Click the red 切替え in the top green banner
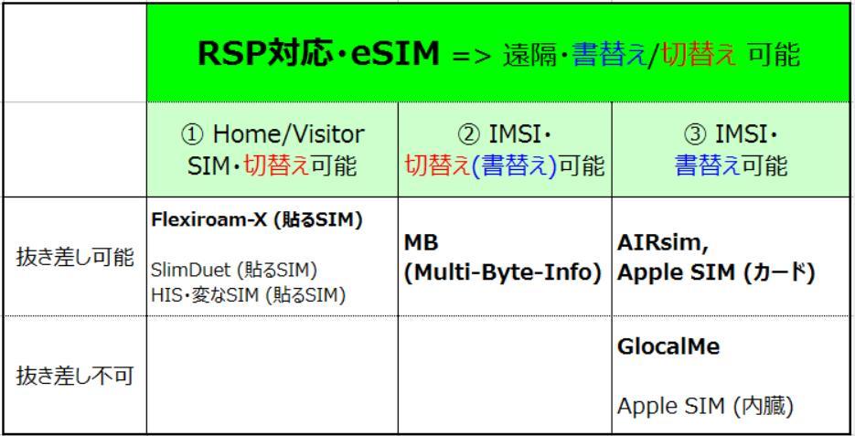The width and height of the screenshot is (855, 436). pyautogui.click(x=700, y=55)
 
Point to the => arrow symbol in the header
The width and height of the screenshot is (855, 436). pyautogui.click(x=472, y=56)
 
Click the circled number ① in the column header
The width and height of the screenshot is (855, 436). pyautogui.click(x=192, y=134)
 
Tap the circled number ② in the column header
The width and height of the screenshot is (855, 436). pyautogui.click(x=468, y=134)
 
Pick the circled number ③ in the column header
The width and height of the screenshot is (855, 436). pyautogui.click(x=695, y=134)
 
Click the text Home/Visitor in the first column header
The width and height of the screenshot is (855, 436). pyautogui.click(x=288, y=134)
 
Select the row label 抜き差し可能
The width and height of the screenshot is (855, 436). pyautogui.click(x=75, y=257)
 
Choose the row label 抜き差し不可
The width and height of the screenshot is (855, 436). pyautogui.click(x=75, y=376)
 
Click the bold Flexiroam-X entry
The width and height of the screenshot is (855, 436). pyautogui.click(x=208, y=219)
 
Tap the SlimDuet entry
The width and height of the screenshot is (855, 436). pyautogui.click(x=194, y=270)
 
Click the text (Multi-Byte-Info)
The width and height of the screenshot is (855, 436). pyautogui.click(x=503, y=272)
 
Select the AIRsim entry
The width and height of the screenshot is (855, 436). pyautogui.click(x=663, y=243)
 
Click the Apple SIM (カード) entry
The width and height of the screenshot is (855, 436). pyautogui.click(x=716, y=272)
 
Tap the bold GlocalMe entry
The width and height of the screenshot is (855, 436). pyautogui.click(x=668, y=346)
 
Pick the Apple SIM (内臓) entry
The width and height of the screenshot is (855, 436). pyautogui.click(x=705, y=406)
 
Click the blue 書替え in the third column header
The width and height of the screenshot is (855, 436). pyautogui.click(x=708, y=165)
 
